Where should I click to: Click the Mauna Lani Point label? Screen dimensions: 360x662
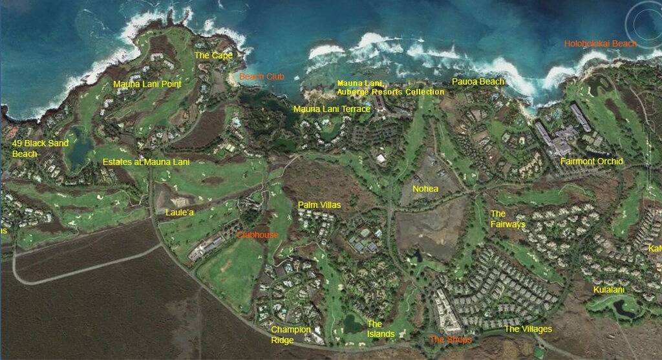[147, 84]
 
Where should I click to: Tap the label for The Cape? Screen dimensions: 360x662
[213, 56]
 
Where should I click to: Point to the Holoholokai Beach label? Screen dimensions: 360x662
[601, 44]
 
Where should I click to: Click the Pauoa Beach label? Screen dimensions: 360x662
[478, 82]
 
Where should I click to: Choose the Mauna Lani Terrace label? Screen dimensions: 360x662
[332, 109]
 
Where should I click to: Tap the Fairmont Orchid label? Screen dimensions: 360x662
[592, 162]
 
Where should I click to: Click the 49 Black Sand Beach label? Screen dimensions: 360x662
[40, 148]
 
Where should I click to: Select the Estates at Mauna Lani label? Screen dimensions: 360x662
[146, 162]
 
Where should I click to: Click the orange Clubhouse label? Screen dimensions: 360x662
[257, 235]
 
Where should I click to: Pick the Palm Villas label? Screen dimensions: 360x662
[319, 205]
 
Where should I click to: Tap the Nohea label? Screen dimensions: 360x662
[425, 189]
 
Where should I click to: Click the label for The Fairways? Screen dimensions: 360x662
[507, 218]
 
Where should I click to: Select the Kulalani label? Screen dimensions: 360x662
[609, 290]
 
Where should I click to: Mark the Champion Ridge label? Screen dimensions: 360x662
[291, 334]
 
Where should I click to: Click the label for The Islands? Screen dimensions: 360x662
[381, 329]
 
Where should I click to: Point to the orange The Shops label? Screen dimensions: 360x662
[450, 339]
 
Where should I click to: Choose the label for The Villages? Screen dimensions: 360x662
[528, 329]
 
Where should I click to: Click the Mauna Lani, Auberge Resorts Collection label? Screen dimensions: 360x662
[390, 88]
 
